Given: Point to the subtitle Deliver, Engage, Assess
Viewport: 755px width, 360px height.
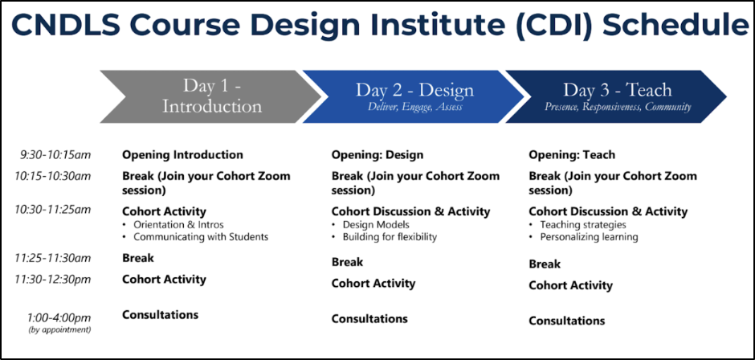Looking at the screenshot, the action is click(414, 107).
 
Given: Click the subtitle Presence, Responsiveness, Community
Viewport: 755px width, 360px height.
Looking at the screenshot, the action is click(618, 107).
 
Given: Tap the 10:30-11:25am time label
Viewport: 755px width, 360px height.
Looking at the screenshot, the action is click(52, 210).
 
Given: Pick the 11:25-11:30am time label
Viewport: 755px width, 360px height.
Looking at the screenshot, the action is click(52, 258).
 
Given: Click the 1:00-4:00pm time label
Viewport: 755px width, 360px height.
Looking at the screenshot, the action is click(59, 318).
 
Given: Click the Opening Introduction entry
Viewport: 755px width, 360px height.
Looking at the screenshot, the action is click(182, 155).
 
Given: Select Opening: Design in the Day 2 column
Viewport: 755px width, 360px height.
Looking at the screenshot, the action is click(377, 155).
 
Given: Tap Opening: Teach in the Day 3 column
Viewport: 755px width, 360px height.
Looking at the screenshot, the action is click(572, 155).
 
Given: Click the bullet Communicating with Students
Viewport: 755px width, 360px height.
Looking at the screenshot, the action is click(201, 237).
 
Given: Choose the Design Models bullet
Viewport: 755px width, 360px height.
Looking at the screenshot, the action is click(376, 224).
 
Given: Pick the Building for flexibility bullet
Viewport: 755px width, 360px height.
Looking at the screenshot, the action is click(390, 237).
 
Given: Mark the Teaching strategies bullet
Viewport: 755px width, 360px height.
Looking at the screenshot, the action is click(583, 224).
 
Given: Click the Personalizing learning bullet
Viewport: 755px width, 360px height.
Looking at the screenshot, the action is click(589, 237).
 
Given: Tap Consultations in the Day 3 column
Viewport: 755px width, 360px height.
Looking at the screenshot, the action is click(567, 321).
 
